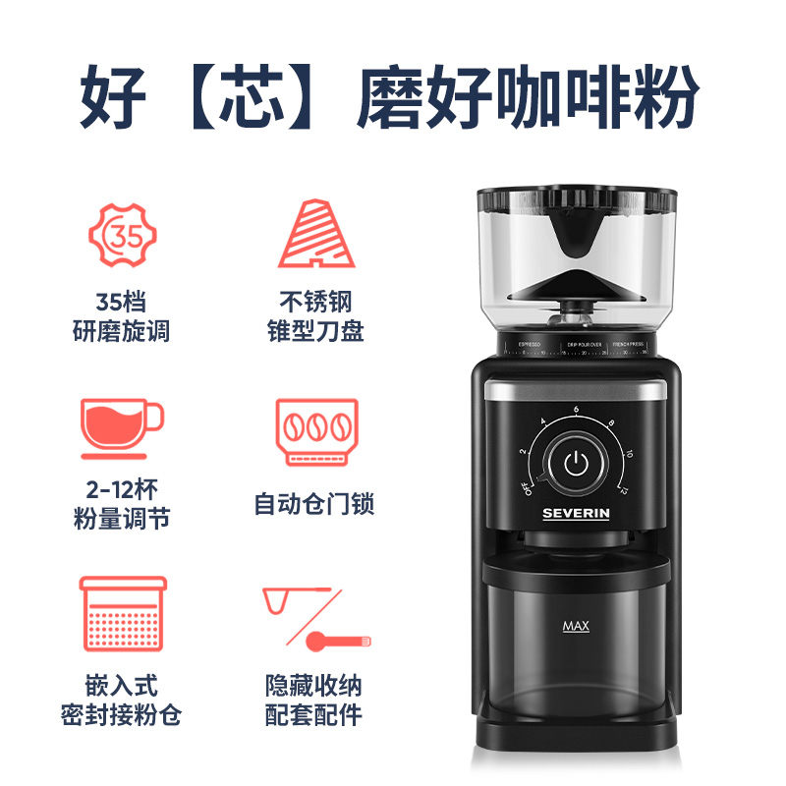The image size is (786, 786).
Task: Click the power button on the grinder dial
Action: (x=577, y=462)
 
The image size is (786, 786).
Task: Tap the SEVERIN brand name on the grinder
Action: (x=578, y=513)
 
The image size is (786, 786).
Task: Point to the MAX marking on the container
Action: (x=576, y=626)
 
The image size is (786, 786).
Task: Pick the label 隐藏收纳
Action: (x=314, y=685)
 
